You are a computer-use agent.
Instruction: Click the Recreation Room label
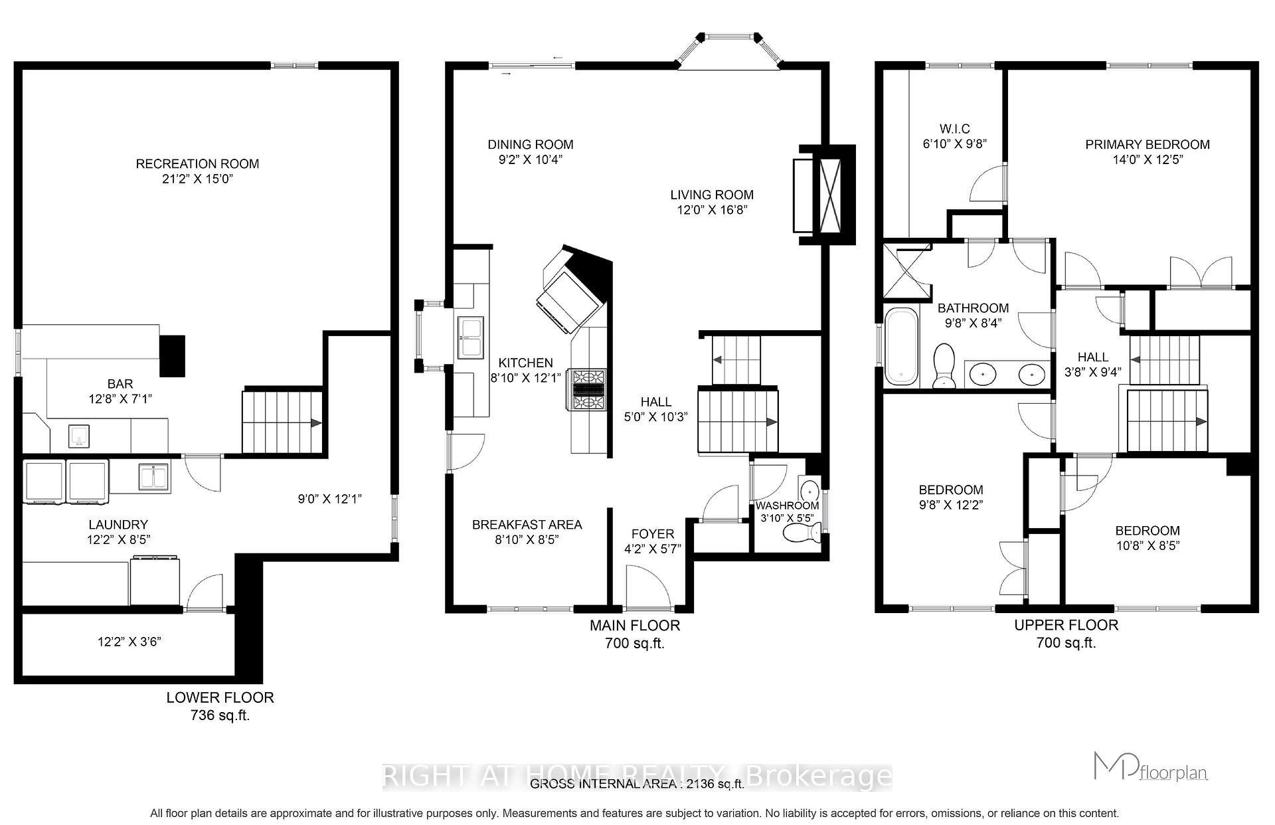tap(197, 163)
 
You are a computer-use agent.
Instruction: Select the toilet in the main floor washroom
tap(802, 532)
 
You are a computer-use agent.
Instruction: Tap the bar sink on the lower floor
tap(80, 436)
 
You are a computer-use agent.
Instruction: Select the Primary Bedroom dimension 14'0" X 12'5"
tap(1147, 159)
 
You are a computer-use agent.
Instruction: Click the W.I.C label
tap(955, 128)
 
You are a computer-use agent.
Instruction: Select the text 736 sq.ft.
tap(220, 715)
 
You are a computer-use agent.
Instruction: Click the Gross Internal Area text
tap(636, 784)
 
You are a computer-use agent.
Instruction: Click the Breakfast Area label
tap(527, 524)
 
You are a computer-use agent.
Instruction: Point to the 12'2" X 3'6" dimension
tap(129, 642)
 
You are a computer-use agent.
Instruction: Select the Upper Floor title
tap(1065, 624)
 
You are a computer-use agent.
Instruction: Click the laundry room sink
tap(154, 476)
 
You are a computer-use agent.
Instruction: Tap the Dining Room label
tap(530, 144)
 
